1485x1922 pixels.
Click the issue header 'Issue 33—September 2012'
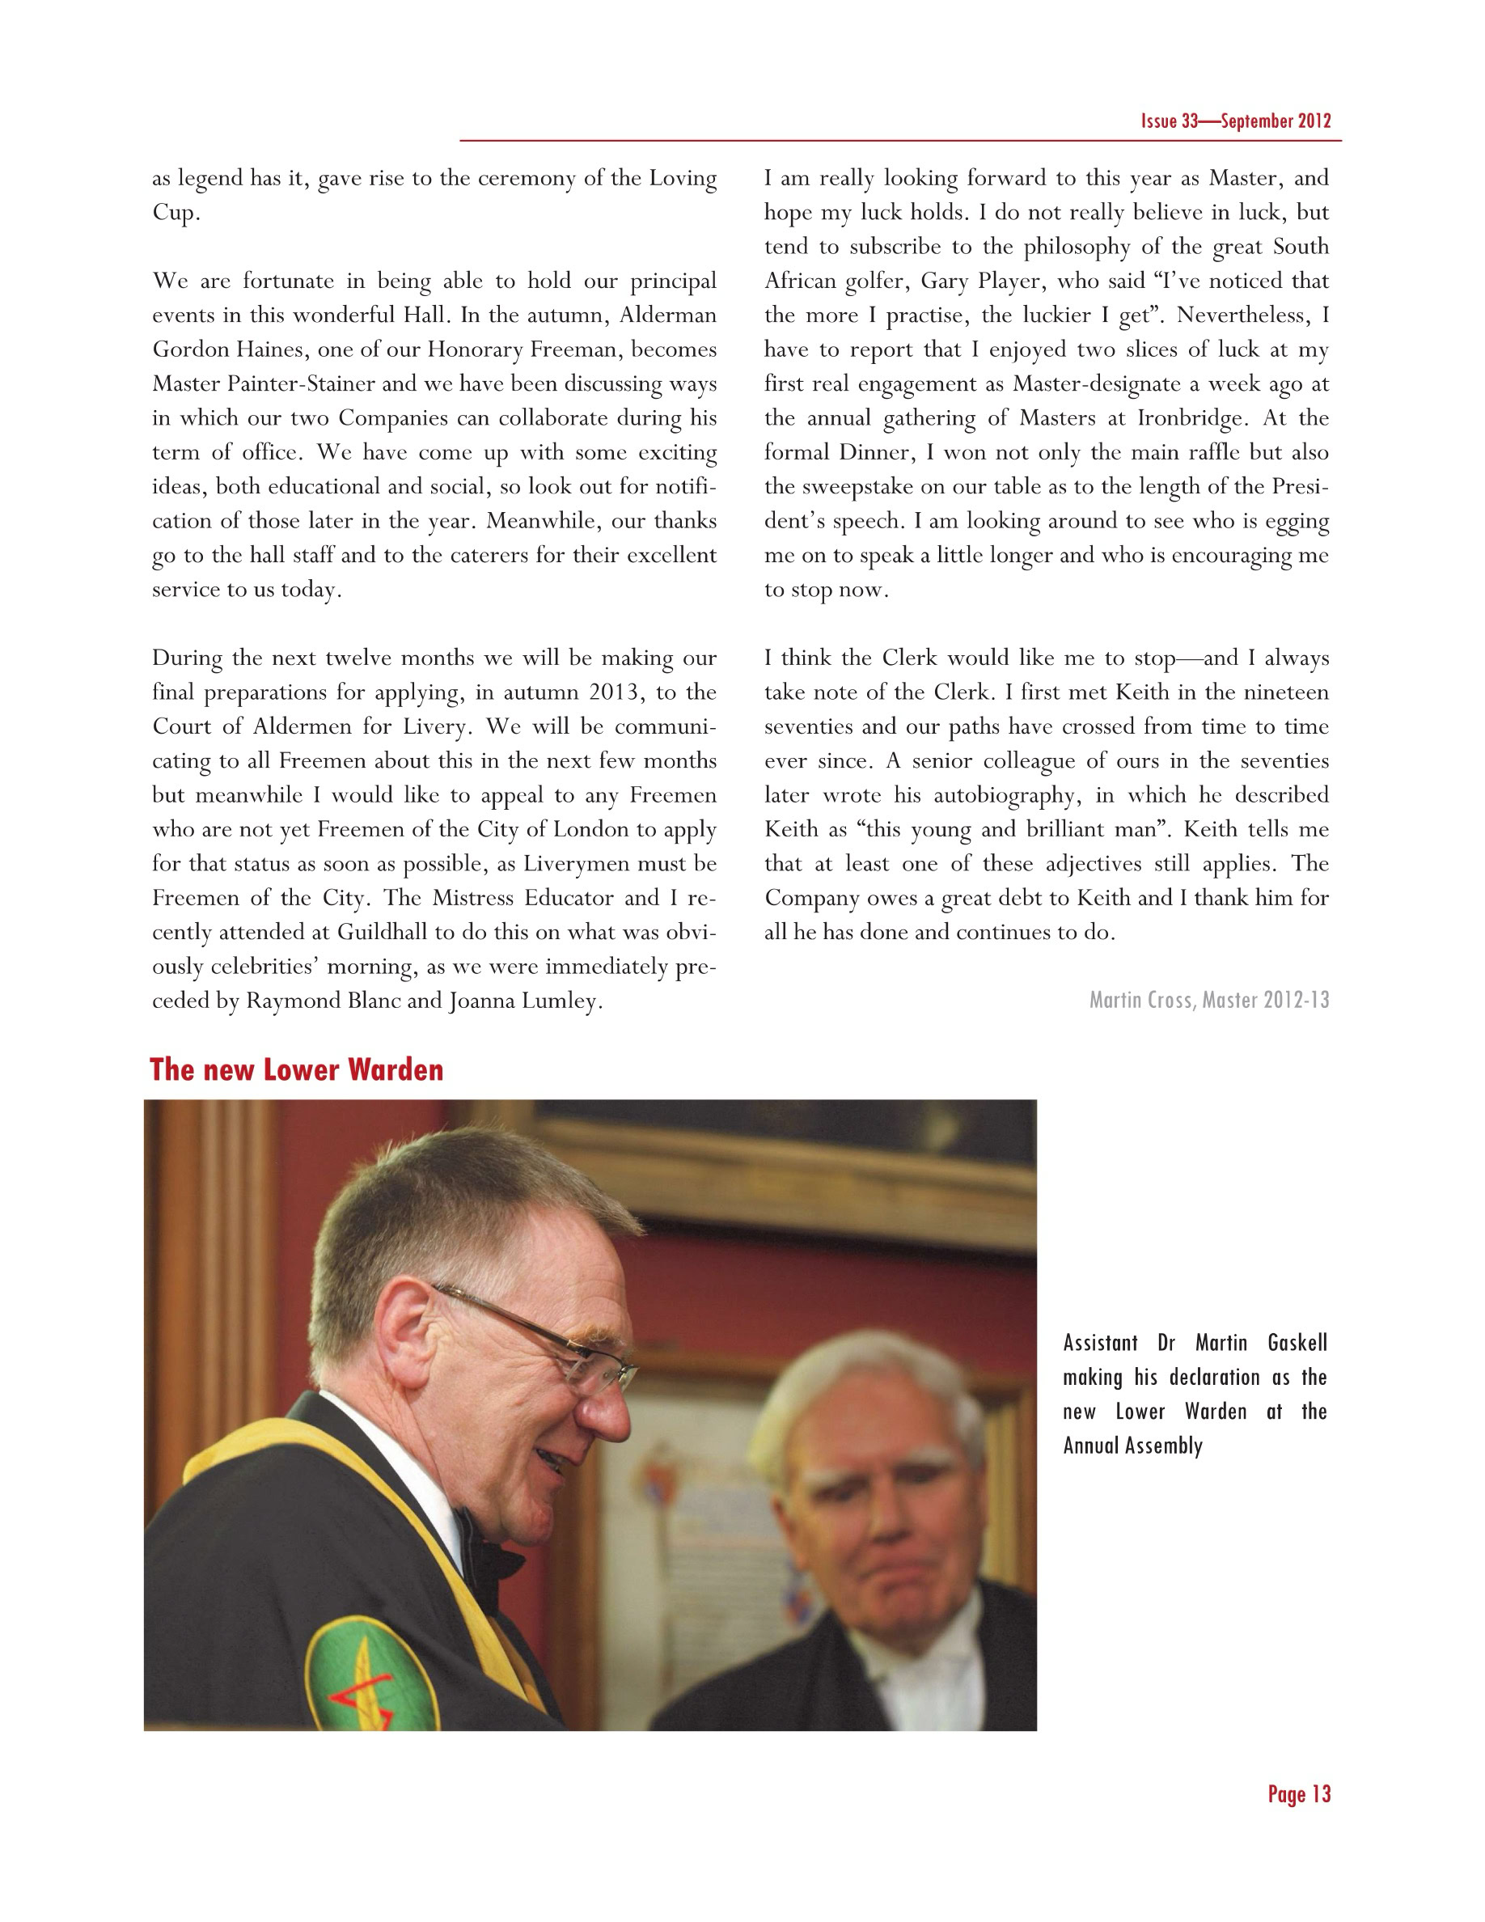pos(1235,121)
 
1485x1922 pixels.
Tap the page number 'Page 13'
pos(1298,1794)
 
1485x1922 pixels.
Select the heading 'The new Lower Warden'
pos(297,1070)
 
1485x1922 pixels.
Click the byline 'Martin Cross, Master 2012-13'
pos(1208,1000)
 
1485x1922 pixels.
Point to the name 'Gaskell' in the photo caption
pos(1297,1343)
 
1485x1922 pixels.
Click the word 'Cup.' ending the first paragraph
pos(176,213)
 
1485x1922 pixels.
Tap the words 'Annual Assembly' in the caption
pos(1132,1446)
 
